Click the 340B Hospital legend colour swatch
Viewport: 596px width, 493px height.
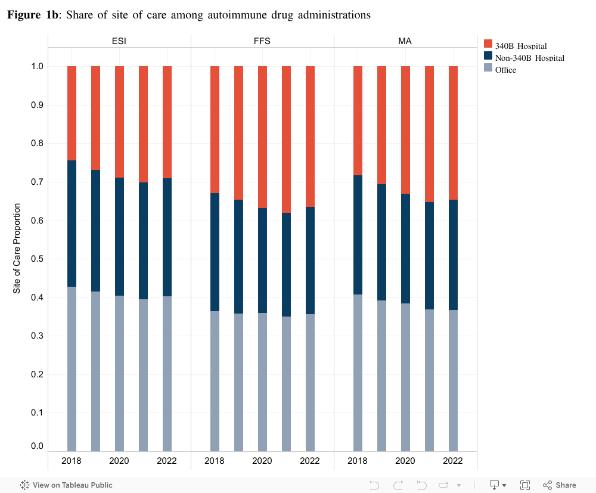point(488,45)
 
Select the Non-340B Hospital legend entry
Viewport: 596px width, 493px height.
point(529,58)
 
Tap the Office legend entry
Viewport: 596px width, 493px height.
point(505,70)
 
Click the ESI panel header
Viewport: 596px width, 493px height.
point(119,41)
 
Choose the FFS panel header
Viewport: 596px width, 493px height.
point(262,41)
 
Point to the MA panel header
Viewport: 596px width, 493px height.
point(405,41)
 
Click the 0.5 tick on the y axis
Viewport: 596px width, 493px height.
point(38,259)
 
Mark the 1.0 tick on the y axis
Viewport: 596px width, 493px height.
point(38,66)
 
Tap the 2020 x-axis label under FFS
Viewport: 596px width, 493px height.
point(262,461)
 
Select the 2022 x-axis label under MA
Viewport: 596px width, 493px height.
point(453,461)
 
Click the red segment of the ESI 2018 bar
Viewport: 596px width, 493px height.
point(72,113)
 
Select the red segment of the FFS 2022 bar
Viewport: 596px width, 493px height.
point(310,137)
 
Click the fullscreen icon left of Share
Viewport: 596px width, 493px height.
point(525,485)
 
